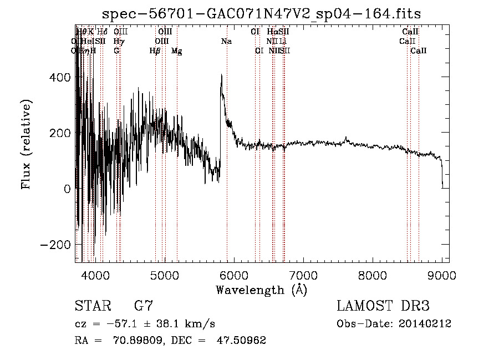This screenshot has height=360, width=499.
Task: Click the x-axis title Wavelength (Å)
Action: [261, 290]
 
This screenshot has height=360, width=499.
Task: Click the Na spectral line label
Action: [226, 41]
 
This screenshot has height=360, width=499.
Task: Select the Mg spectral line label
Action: [176, 51]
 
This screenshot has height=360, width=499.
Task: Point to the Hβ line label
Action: [155, 50]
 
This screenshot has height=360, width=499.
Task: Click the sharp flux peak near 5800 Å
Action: [221, 76]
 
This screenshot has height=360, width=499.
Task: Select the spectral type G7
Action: [144, 306]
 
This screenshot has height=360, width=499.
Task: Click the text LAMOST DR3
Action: [383, 306]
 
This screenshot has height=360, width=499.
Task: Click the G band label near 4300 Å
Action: [116, 50]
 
